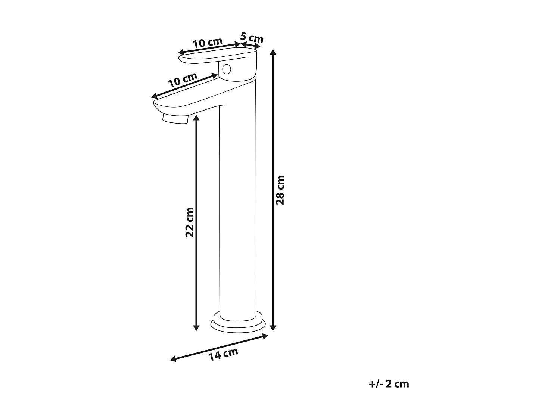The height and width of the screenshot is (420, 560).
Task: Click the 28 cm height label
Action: [x=280, y=190]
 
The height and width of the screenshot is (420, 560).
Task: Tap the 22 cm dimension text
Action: [x=190, y=222]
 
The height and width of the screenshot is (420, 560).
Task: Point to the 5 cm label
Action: [x=252, y=38]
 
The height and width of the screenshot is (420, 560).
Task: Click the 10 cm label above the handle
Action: [x=208, y=43]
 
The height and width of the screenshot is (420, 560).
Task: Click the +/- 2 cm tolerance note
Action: [x=388, y=384]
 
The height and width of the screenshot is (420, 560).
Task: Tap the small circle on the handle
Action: [x=226, y=69]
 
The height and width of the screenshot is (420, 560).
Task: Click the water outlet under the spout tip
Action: [x=174, y=119]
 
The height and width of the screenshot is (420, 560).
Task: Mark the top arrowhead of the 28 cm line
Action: [x=274, y=52]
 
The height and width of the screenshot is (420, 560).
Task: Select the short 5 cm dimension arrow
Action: [x=250, y=46]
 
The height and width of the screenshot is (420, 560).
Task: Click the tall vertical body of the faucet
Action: [x=238, y=209]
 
